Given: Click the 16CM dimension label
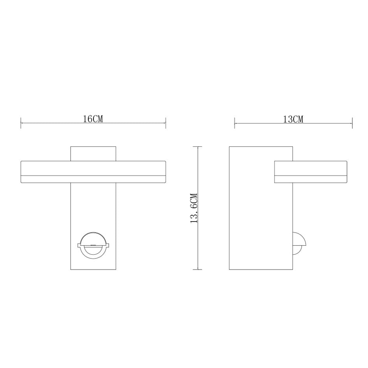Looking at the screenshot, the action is pyautogui.click(x=93, y=119).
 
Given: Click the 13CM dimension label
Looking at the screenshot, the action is pyautogui.click(x=293, y=119).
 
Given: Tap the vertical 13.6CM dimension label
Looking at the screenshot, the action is pyautogui.click(x=194, y=208).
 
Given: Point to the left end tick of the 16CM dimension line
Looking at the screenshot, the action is pyautogui.click(x=21, y=123).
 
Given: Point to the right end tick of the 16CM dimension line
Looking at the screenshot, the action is pyautogui.click(x=166, y=123).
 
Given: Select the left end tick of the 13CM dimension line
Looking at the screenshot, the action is pyautogui.click(x=234, y=123).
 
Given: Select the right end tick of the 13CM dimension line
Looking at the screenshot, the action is pyautogui.click(x=352, y=123).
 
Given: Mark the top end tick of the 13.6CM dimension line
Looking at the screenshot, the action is pyautogui.click(x=198, y=147).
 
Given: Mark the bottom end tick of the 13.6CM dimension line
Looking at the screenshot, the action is pyautogui.click(x=198, y=269).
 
